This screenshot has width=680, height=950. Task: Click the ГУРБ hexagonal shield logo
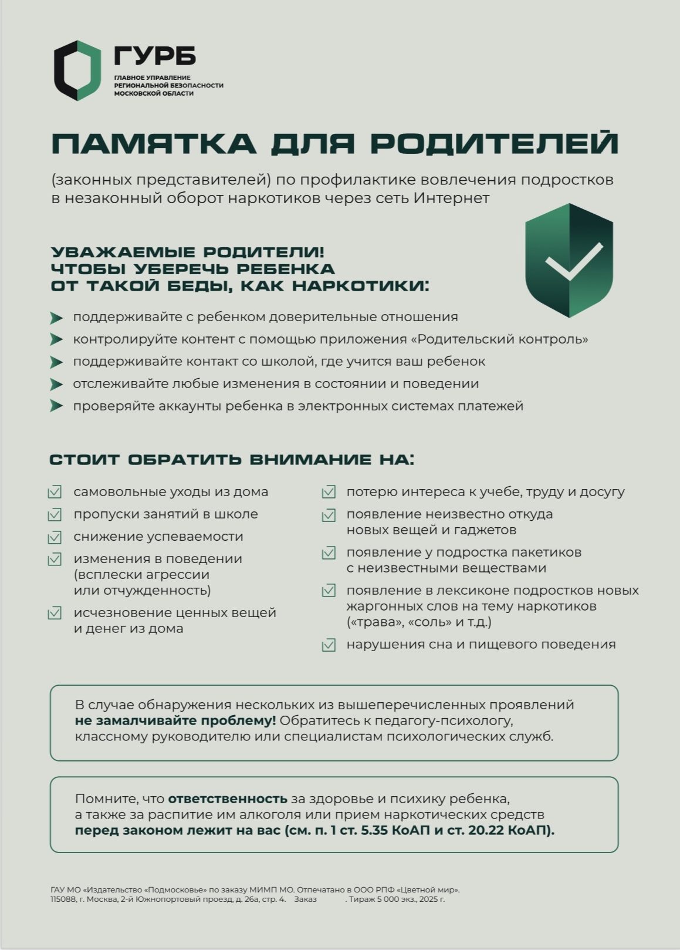[x=77, y=70]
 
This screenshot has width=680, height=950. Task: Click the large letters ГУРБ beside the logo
[x=155, y=56]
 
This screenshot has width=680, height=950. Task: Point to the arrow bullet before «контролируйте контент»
[x=56, y=339]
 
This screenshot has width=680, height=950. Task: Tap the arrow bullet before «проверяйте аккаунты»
[x=56, y=406]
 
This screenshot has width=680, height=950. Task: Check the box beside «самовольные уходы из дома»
[x=55, y=492]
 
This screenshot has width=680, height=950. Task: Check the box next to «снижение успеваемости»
[x=55, y=537]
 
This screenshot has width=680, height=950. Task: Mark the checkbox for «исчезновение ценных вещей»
[x=55, y=613]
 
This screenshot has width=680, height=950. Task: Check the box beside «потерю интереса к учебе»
[x=329, y=492]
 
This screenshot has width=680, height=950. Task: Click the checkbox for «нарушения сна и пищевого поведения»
[x=329, y=645]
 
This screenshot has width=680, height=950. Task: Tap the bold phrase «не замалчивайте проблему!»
[x=175, y=720]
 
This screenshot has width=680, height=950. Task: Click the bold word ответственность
[x=228, y=799]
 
